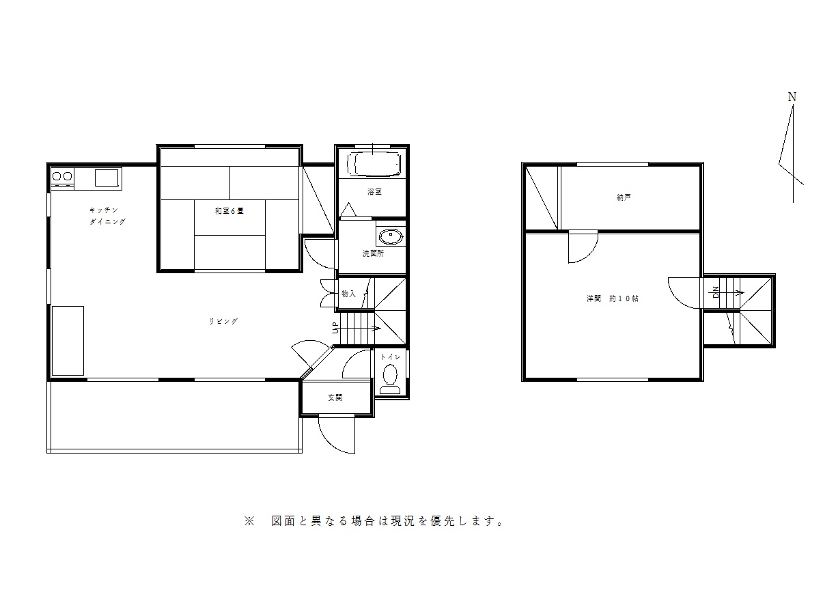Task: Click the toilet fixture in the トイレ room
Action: [390, 379]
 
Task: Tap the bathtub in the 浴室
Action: [374, 165]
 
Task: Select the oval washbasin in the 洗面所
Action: [391, 236]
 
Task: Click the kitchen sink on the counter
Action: [107, 178]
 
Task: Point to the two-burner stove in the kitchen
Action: [62, 176]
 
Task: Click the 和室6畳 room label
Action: [229, 211]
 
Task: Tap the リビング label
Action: [223, 321]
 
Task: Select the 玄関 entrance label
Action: [335, 398]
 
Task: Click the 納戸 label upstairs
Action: [624, 197]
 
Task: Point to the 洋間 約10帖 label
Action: [613, 298]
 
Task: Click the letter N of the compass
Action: [792, 97]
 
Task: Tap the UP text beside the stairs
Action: [335, 327]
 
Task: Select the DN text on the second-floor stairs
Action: [716, 292]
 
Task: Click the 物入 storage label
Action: [349, 294]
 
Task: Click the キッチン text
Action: [104, 210]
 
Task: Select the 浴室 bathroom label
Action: [374, 191]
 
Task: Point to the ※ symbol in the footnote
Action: [249, 521]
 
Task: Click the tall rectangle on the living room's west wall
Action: [68, 341]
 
